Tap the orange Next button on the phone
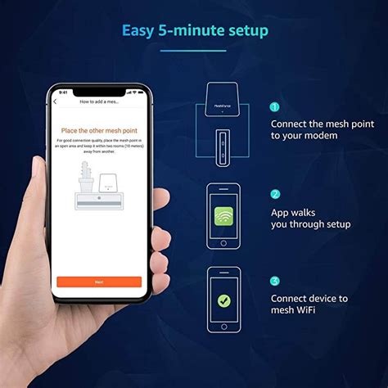click(98, 281)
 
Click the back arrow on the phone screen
click(56, 102)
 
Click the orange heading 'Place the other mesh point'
click(99, 130)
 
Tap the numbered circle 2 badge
click(275, 194)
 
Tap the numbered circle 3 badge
click(275, 281)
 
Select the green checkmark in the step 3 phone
click(223, 300)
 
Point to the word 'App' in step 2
click(282, 210)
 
